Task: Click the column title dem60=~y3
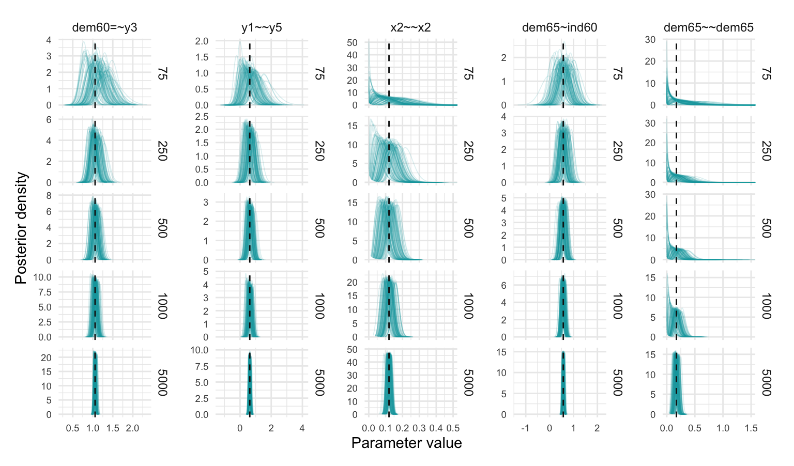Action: point(104,27)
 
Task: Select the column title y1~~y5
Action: point(262,27)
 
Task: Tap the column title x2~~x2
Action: point(410,27)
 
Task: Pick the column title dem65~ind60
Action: point(559,27)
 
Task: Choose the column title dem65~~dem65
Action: point(708,27)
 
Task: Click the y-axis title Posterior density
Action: point(21,228)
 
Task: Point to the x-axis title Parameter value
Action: point(406,443)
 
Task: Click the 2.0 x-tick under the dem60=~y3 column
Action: point(132,428)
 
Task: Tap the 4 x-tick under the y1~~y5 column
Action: point(302,428)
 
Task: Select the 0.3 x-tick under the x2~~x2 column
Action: point(419,428)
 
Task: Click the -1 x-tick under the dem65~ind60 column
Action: point(525,428)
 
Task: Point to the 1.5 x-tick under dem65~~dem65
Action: point(751,428)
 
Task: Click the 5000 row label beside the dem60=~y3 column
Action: point(162,382)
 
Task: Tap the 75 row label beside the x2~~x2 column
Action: point(468,73)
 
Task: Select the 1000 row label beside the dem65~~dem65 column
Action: point(766,305)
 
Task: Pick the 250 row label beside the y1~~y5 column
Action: point(319,150)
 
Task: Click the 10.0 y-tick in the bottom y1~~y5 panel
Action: point(200,350)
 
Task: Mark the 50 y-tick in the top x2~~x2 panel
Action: point(352,42)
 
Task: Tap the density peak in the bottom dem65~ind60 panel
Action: point(563,352)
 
